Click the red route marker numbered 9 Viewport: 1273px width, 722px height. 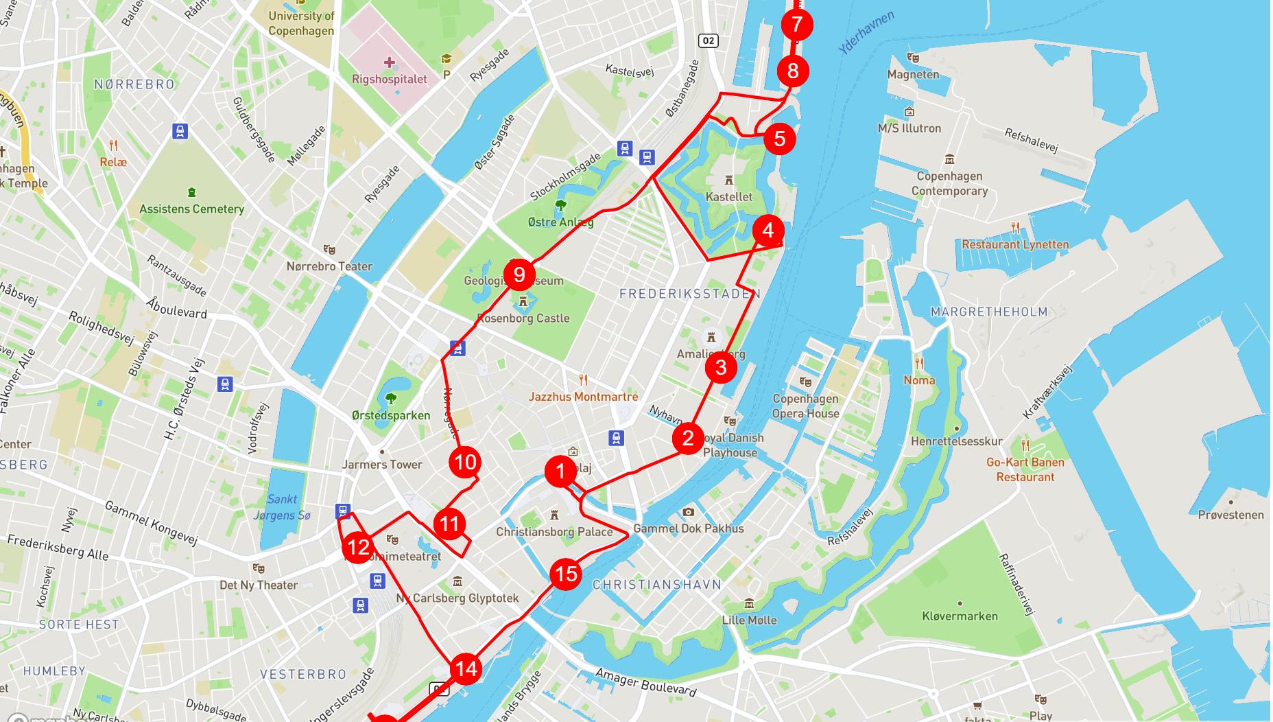[x=519, y=275]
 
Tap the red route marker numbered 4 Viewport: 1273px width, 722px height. [x=768, y=230]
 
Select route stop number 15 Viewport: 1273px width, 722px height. [x=567, y=574]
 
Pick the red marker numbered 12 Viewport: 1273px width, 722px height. [x=358, y=547]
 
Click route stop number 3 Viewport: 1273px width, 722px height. [x=721, y=367]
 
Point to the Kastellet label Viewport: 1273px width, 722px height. [x=729, y=197]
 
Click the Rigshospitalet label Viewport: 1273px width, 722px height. [x=390, y=79]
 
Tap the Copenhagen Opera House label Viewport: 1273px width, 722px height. [x=806, y=406]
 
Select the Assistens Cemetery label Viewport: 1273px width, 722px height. [x=192, y=209]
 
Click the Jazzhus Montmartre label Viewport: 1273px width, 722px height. [x=583, y=397]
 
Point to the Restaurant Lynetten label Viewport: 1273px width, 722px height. [x=1015, y=244]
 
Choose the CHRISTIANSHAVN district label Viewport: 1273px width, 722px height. [x=657, y=585]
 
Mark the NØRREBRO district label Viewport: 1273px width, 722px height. [x=134, y=84]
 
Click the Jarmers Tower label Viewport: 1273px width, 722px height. [x=382, y=465]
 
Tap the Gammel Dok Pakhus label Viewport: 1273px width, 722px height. [x=689, y=528]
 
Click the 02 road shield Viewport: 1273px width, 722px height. [x=709, y=40]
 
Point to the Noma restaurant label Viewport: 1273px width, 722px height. [x=919, y=380]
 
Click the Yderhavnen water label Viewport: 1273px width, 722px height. [x=866, y=32]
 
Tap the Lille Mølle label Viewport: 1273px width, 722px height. [x=749, y=620]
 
